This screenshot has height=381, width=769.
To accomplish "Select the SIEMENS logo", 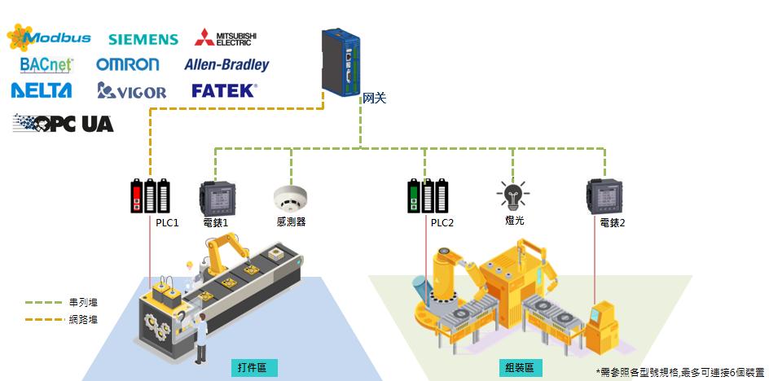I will [143, 39].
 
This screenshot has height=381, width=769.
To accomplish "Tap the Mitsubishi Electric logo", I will [226, 37].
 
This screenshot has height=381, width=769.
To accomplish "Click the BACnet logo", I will [46, 63].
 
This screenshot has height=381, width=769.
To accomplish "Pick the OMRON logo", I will [127, 63].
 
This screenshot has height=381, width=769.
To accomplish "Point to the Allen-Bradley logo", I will [226, 63].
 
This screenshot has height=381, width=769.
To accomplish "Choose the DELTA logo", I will [42, 90].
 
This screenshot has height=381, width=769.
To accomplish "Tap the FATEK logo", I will [224, 90].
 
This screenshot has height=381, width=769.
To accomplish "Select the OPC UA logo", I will [63, 124].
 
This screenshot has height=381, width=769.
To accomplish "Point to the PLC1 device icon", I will [151, 196].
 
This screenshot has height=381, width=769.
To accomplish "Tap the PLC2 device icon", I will [428, 196].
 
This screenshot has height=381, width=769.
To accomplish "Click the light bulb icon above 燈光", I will [512, 195].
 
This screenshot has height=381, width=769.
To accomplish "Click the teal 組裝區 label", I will [518, 368].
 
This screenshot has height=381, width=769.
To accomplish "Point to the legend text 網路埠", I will [83, 319].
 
